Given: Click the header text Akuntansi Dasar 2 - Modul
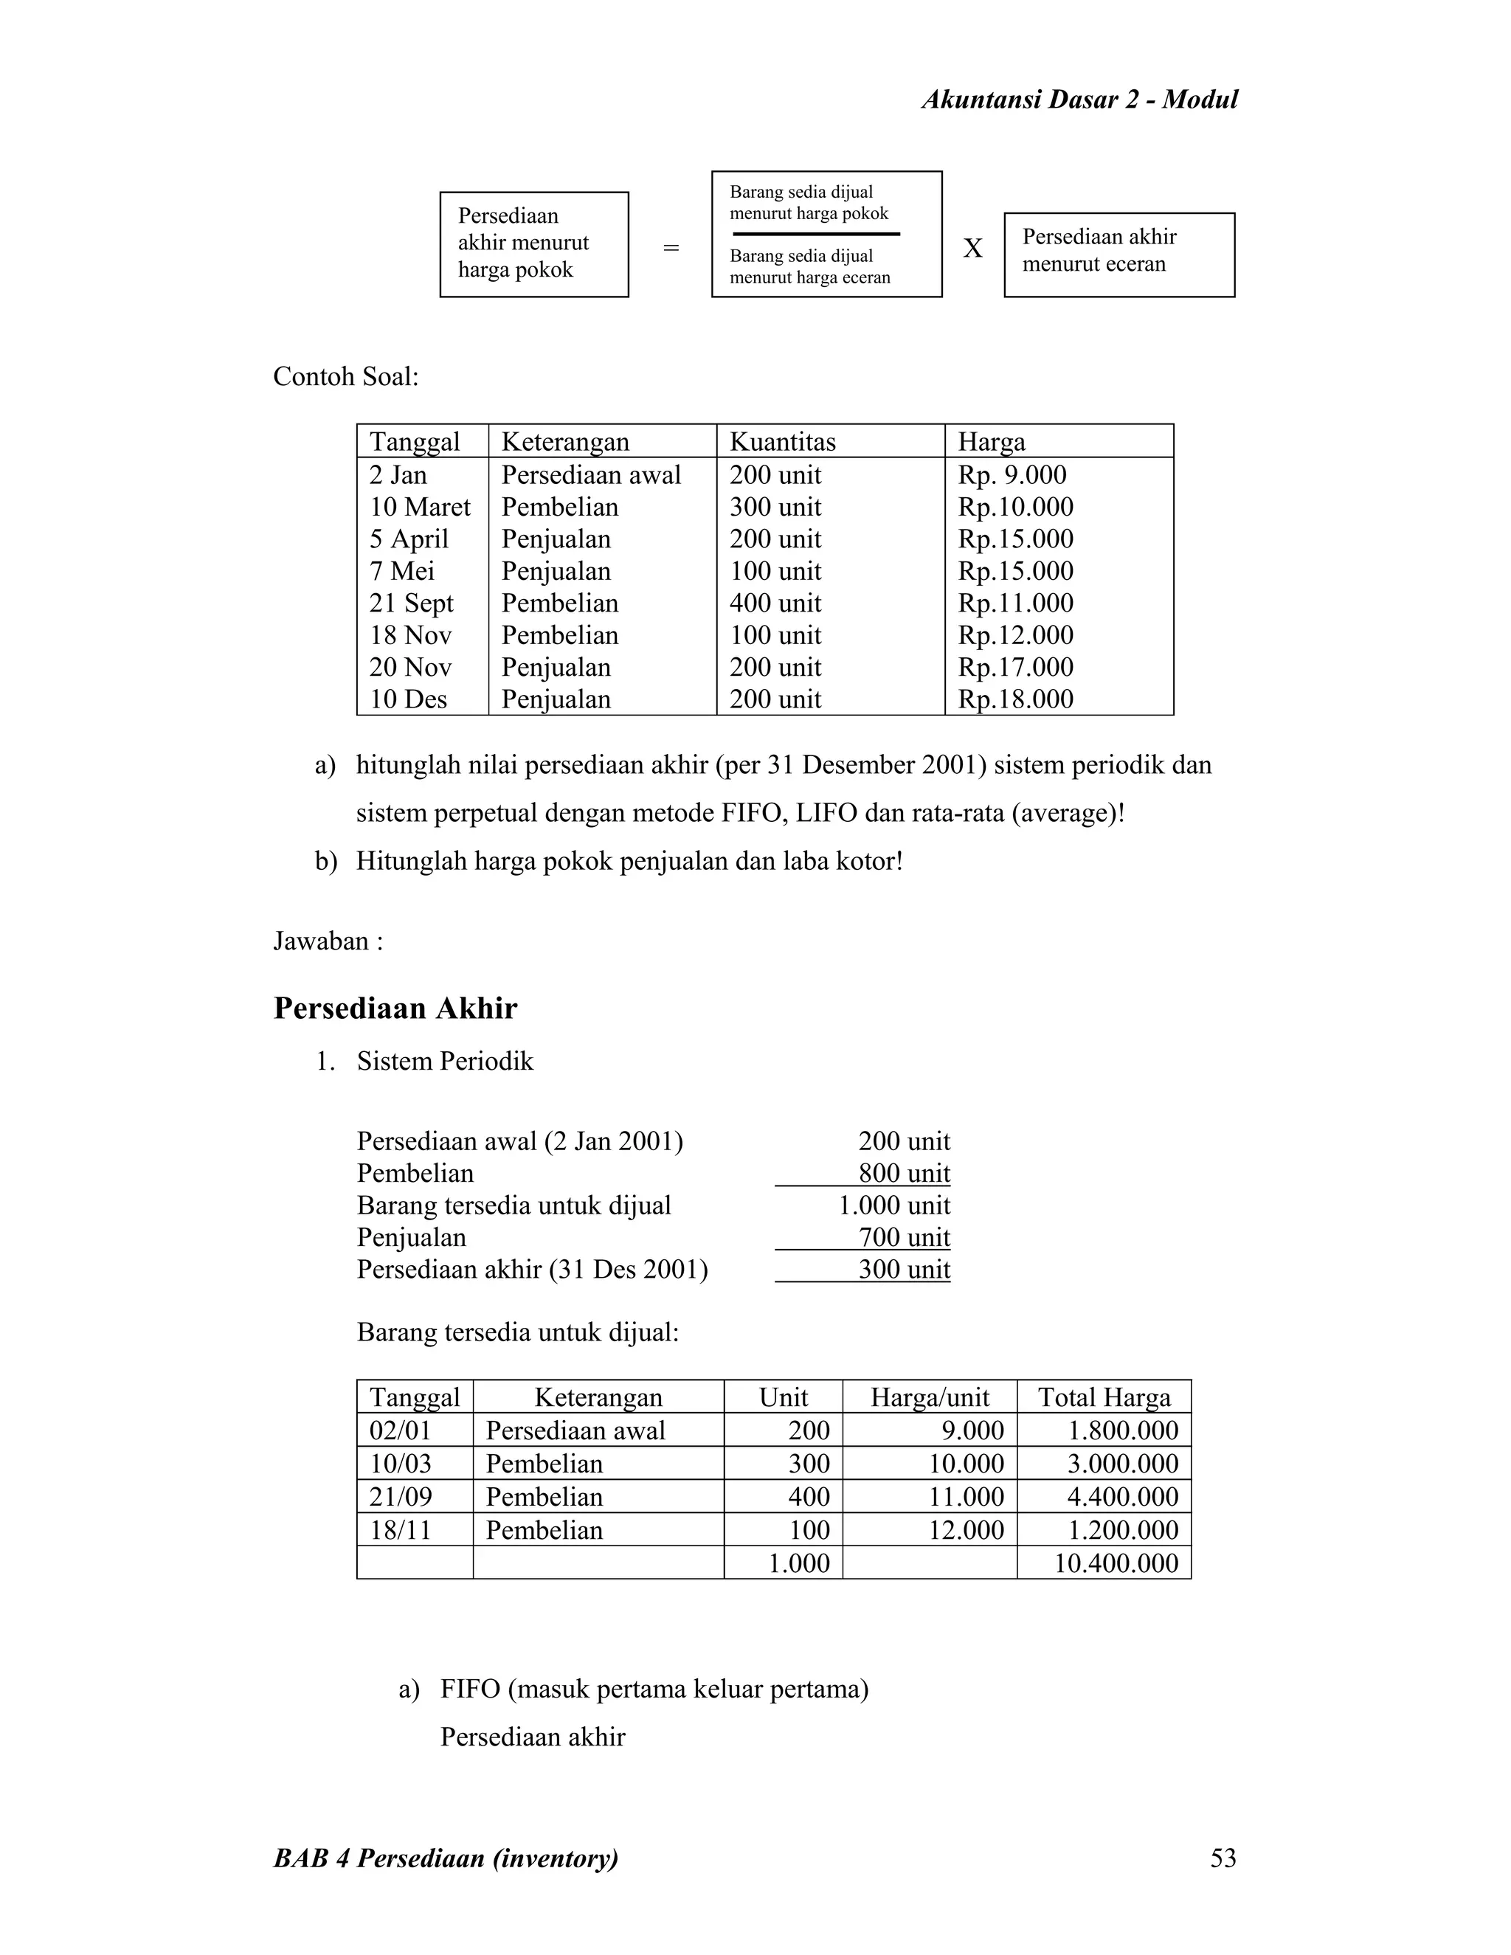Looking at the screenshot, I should point(1079,100).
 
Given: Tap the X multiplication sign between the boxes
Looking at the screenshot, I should point(973,249).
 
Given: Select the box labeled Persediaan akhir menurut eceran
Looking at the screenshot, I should point(1119,255).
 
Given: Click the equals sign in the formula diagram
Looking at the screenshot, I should point(671,248).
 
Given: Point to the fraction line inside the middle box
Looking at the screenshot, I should point(815,235).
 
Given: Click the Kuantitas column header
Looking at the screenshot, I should point(782,441).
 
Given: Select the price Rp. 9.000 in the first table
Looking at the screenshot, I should point(1012,474).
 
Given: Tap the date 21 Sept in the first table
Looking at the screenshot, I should point(411,603).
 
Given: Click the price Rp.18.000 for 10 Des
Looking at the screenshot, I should point(1015,699).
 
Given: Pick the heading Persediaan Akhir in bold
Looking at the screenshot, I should point(395,1008).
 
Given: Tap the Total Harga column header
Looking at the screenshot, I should point(1103,1397).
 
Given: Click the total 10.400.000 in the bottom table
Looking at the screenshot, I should point(1116,1563).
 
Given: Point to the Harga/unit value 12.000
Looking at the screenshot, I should point(966,1530).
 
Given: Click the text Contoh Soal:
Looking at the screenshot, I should point(345,377).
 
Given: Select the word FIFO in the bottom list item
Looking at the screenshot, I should point(470,1689).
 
